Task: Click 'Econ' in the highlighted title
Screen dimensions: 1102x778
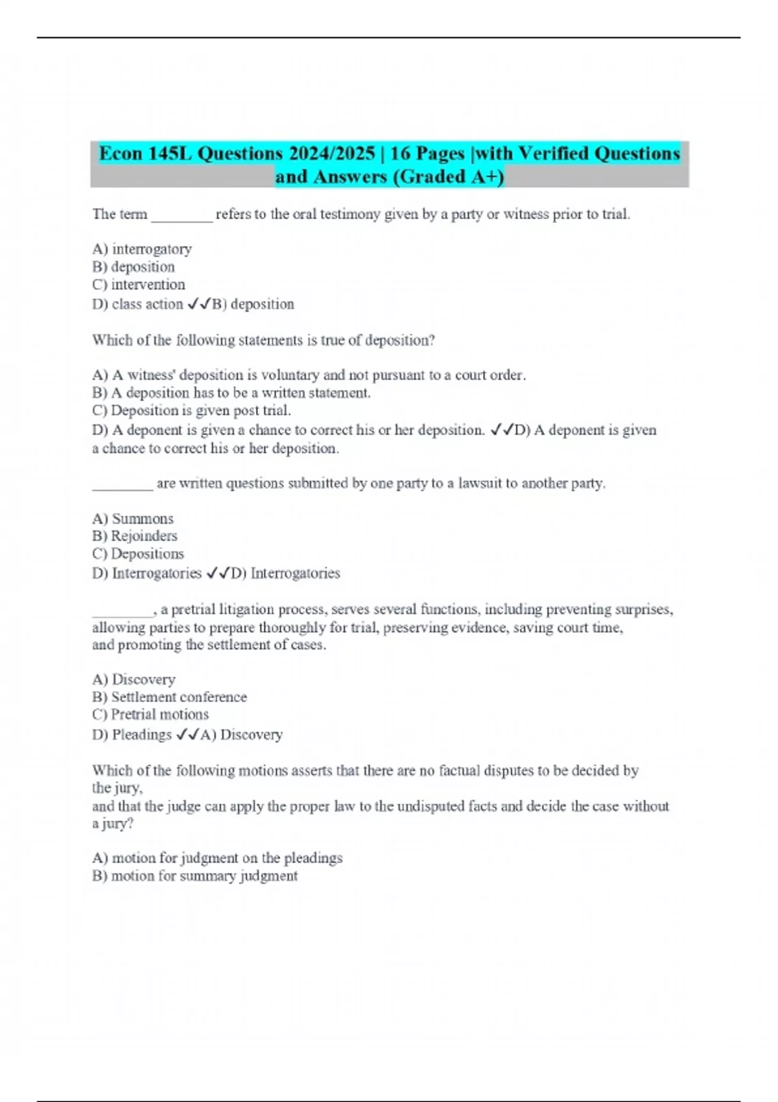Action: tap(120, 154)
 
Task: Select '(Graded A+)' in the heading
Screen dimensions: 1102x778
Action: tap(448, 177)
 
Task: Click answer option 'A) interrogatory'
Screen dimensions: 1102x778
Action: tap(142, 249)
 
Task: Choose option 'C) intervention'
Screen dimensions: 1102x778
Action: tap(139, 285)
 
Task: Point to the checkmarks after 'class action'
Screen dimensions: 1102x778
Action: tap(198, 304)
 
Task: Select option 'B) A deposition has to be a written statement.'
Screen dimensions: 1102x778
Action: tap(231, 393)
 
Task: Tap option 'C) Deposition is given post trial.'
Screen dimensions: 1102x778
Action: tap(192, 410)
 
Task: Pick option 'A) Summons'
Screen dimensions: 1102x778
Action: tap(133, 519)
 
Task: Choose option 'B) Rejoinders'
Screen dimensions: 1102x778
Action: tap(135, 536)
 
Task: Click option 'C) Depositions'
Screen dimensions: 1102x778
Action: tap(138, 554)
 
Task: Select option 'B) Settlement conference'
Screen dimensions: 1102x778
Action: tap(170, 697)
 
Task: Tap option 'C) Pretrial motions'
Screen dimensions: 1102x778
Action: tap(150, 714)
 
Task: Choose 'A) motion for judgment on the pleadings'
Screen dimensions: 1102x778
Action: tap(217, 858)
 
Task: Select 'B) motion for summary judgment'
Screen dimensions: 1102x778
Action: tap(195, 876)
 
